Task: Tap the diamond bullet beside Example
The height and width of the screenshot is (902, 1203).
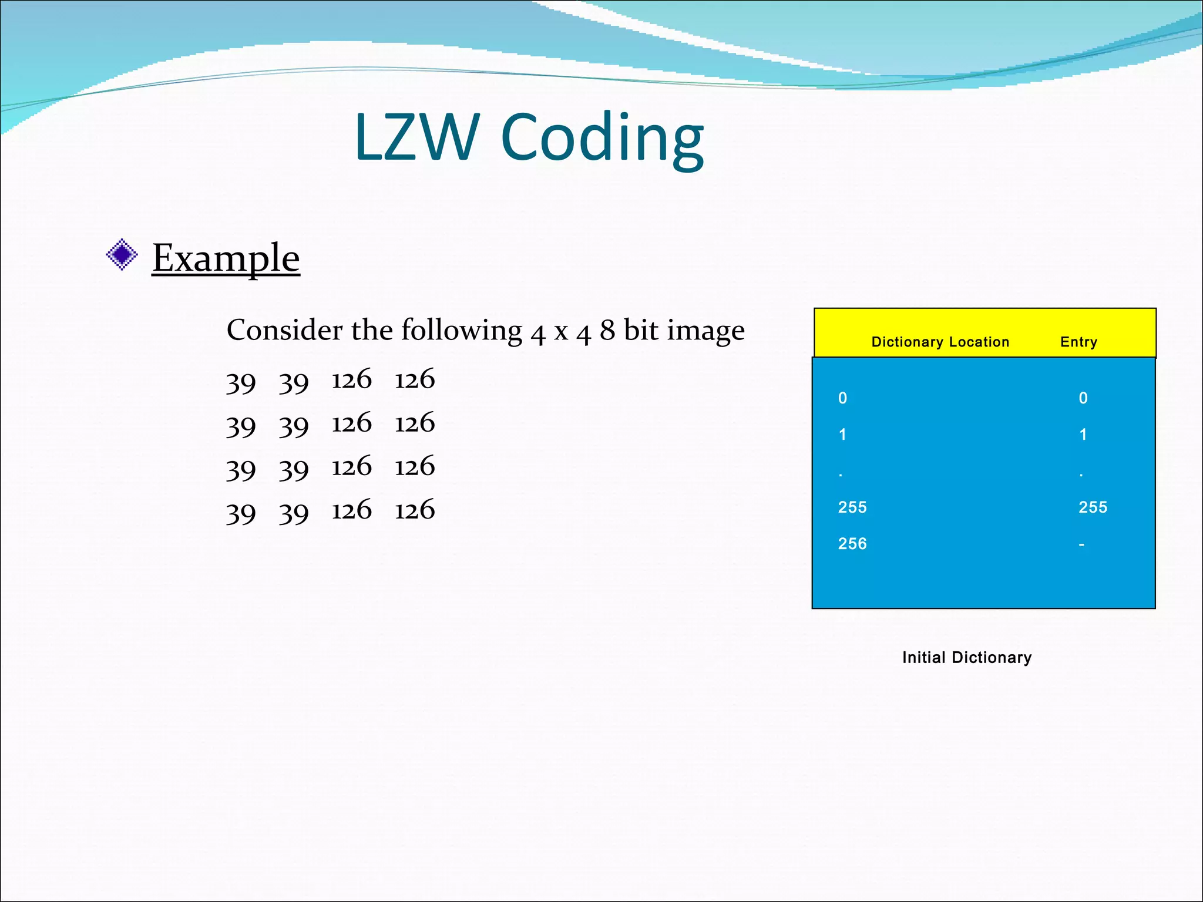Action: click(122, 255)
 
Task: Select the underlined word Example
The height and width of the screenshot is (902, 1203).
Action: click(226, 258)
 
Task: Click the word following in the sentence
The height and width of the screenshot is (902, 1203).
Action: click(462, 331)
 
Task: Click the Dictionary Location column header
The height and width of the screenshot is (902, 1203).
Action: click(940, 342)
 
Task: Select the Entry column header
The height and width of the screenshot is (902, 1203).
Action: click(1078, 342)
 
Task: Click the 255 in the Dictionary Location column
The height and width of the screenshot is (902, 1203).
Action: click(852, 507)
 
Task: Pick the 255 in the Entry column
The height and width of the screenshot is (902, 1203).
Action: click(1093, 507)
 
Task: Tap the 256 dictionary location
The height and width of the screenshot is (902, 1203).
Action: click(852, 543)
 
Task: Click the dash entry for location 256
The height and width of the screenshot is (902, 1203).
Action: click(1081, 544)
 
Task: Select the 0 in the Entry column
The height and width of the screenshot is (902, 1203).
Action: click(1083, 398)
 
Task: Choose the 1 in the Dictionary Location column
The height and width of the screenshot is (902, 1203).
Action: click(842, 435)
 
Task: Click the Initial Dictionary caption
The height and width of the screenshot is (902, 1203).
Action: click(967, 657)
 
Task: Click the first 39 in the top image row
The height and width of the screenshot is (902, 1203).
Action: click(241, 382)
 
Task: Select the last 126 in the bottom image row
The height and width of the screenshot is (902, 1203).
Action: click(415, 510)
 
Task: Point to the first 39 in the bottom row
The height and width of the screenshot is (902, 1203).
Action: click(241, 513)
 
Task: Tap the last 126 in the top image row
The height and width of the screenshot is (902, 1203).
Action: click(415, 379)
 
